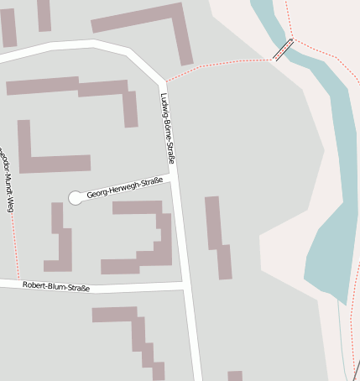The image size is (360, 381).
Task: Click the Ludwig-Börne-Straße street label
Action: point(166,127)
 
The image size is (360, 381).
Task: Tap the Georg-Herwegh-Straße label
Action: point(124,187)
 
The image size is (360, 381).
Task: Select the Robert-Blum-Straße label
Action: point(56,286)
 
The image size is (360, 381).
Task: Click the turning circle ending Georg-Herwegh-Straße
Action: point(76,197)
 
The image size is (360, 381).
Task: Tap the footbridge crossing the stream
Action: point(284,50)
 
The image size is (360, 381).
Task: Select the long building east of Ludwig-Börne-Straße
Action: point(217,237)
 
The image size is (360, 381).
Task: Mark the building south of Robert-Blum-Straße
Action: point(134,331)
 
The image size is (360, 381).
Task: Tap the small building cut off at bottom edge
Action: point(235,375)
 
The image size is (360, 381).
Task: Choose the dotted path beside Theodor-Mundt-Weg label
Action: point(13,235)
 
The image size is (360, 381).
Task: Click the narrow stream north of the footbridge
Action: point(267,21)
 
